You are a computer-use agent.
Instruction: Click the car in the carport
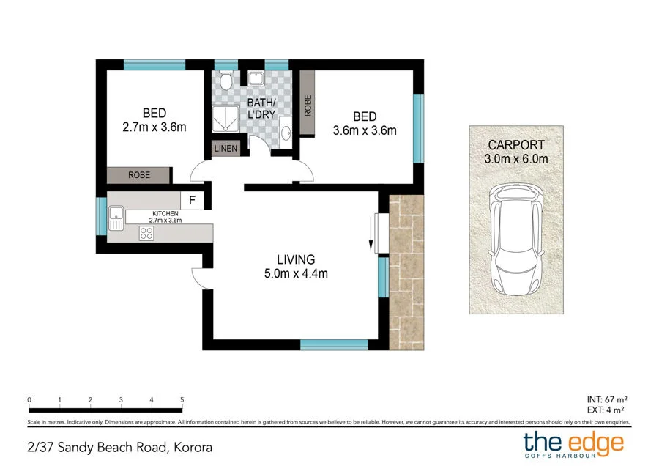pyautogui.click(x=517, y=239)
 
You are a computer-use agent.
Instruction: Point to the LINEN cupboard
pyautogui.click(x=226, y=149)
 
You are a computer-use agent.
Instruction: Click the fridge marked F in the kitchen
pyautogui.click(x=193, y=200)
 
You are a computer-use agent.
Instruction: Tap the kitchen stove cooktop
pyautogui.click(x=146, y=234)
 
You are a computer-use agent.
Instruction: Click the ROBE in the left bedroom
pyautogui.click(x=139, y=176)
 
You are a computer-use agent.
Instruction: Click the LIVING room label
pyautogui.click(x=296, y=259)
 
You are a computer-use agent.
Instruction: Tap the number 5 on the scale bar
pyautogui.click(x=182, y=400)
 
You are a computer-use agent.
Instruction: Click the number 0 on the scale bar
pyautogui.click(x=29, y=400)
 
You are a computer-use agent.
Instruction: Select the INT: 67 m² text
pyautogui.click(x=608, y=399)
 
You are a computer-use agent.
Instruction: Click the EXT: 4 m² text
pyautogui.click(x=608, y=410)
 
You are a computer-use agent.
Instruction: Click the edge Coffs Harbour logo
pyautogui.click(x=573, y=445)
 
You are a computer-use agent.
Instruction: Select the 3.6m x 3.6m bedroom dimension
pyautogui.click(x=365, y=131)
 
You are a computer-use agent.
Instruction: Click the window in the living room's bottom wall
pyautogui.click(x=334, y=344)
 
